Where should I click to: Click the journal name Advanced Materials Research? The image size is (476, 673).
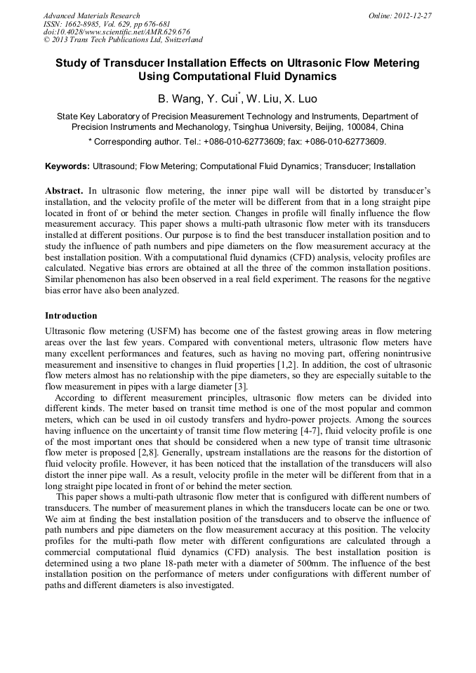coord(91,15)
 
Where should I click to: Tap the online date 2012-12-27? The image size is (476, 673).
coord(412,15)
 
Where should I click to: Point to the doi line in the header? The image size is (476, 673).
coord(117,32)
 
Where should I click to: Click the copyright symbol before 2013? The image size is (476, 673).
coord(46,41)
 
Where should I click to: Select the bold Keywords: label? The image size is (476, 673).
coord(67,167)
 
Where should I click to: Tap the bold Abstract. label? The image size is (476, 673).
coord(65,191)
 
